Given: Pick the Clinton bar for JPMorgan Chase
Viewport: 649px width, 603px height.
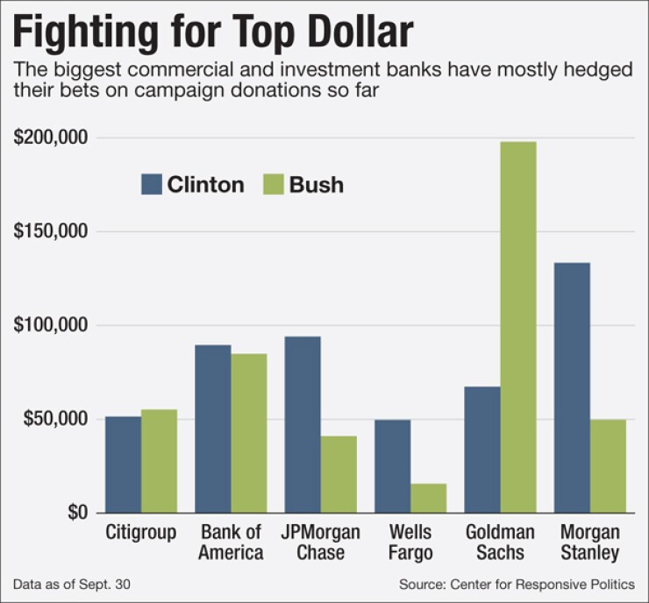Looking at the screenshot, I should (303, 424).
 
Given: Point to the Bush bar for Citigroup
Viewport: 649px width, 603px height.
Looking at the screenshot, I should (159, 461).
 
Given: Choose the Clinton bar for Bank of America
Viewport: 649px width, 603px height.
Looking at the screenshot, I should (213, 429).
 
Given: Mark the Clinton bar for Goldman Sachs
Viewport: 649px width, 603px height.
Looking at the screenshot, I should (481, 450).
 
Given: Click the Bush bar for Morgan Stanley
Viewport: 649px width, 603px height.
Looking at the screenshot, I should (608, 465).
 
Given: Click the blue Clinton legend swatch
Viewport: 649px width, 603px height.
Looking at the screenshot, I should (152, 185).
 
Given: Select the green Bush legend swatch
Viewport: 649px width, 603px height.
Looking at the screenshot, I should (274, 185).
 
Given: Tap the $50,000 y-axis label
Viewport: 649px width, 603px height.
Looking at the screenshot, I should (53, 419).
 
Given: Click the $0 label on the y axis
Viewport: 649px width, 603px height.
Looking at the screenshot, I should (76, 513).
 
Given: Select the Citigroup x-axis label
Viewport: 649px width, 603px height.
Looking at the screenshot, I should (140, 533).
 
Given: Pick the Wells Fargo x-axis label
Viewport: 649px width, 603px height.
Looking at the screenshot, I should (410, 543).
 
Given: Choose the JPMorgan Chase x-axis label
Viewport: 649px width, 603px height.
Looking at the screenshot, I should (321, 543).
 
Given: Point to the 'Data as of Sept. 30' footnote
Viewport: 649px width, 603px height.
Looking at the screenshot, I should (63, 584).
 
